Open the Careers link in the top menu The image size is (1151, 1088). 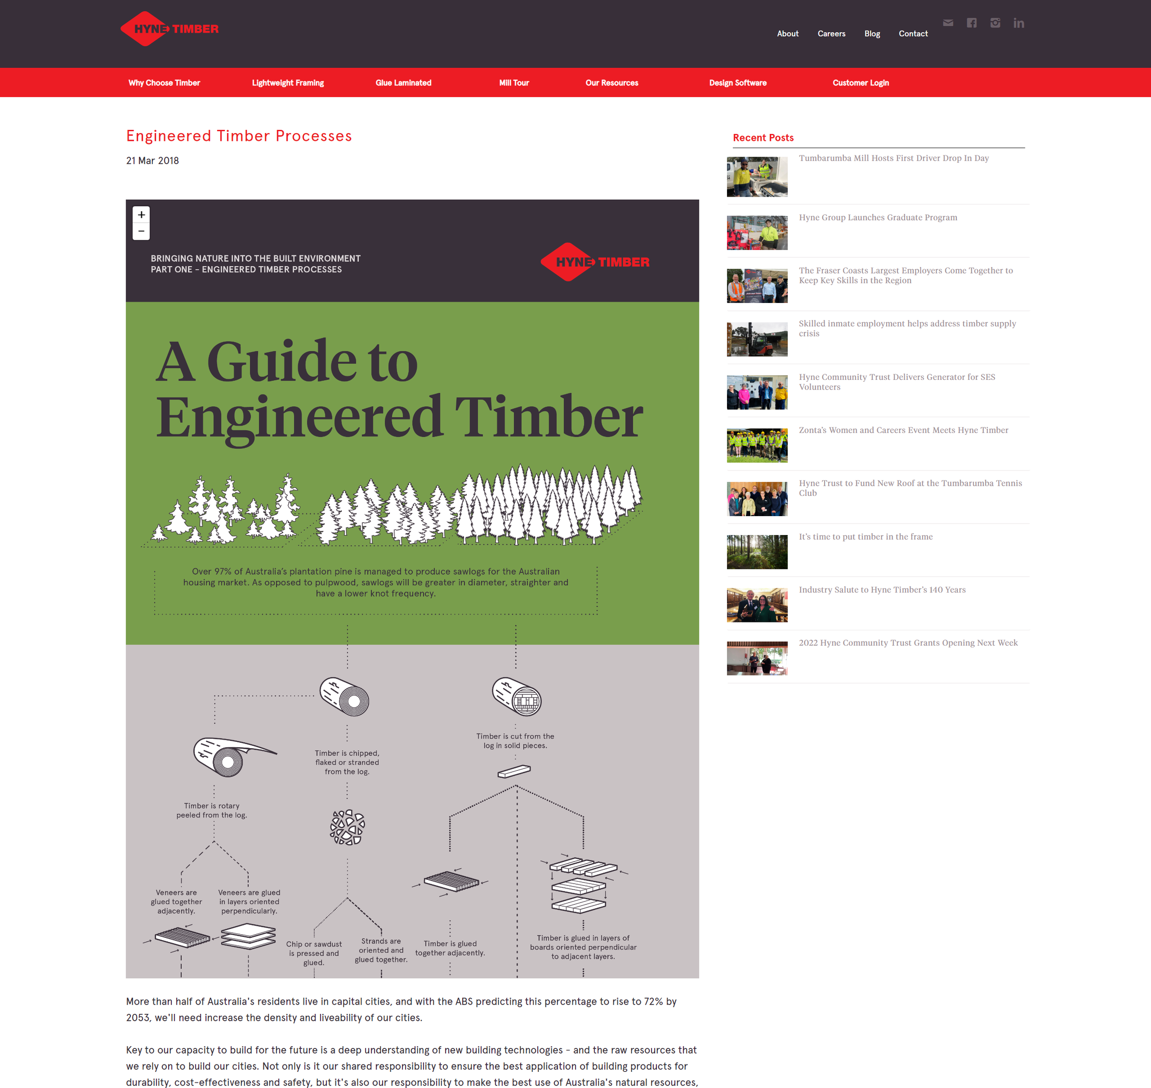tap(831, 34)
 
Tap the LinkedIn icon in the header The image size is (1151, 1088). tap(1018, 23)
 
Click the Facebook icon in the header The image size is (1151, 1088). tap(971, 23)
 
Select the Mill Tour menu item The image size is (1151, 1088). tap(514, 83)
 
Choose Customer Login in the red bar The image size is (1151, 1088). tap(860, 83)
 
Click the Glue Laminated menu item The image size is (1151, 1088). tap(403, 83)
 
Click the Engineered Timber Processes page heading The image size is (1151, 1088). tap(239, 136)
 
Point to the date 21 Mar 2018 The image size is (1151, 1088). tap(152, 161)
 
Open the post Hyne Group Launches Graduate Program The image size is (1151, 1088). tap(878, 217)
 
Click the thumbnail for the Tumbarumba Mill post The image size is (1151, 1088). tap(757, 177)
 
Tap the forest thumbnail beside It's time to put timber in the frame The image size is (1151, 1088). tap(757, 552)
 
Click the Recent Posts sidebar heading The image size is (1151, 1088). tap(762, 138)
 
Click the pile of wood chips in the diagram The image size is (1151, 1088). tap(347, 827)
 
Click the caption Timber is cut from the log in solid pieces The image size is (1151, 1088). tap(515, 741)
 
